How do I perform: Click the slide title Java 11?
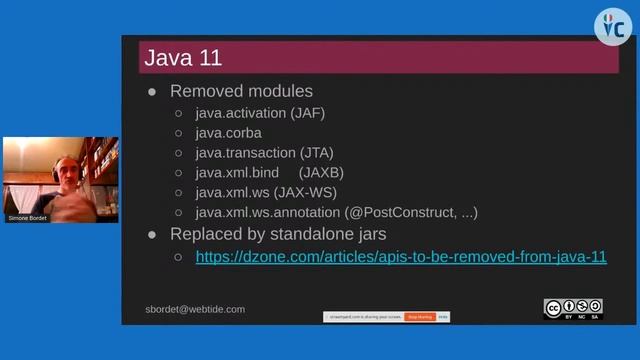coord(183,57)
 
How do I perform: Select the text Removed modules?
coord(241,91)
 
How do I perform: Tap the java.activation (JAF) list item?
coord(259,113)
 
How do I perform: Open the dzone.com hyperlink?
coord(401,256)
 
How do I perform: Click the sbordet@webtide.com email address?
coord(195,309)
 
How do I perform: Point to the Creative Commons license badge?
coord(573,309)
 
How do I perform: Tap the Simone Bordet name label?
coord(28,217)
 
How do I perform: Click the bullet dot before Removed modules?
coord(153,91)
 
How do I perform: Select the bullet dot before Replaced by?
coord(153,234)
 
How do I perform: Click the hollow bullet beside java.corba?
coord(178,133)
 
